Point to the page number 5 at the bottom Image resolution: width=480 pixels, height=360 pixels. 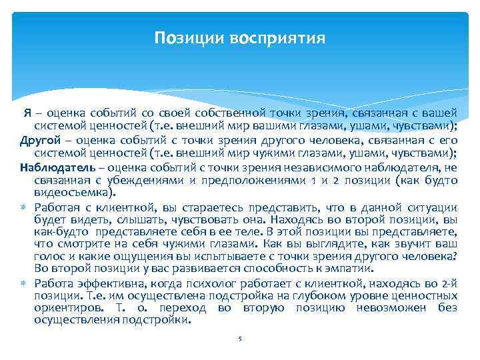(x=239, y=339)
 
